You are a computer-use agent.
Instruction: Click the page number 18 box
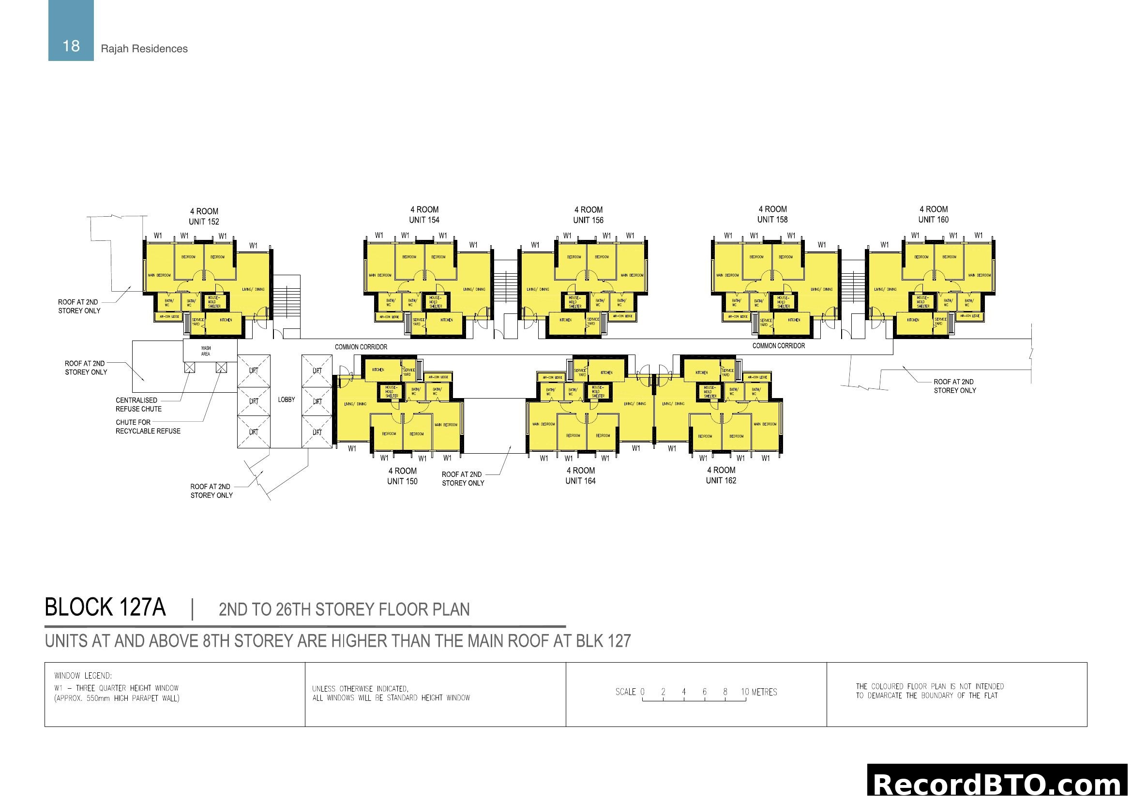(x=71, y=30)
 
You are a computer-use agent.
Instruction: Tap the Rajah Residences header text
(x=144, y=49)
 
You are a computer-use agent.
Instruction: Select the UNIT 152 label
(x=204, y=222)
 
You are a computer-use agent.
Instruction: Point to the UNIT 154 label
(x=424, y=220)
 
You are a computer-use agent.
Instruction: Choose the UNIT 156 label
(x=588, y=220)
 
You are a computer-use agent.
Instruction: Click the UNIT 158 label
(x=772, y=220)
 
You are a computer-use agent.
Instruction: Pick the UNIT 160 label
(x=933, y=220)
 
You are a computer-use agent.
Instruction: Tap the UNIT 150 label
(x=402, y=481)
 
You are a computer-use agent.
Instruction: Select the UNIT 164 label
(x=580, y=481)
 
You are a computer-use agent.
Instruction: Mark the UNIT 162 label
(x=721, y=480)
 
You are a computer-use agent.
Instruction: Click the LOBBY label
(x=287, y=400)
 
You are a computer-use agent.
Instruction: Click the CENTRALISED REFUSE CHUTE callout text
(x=138, y=404)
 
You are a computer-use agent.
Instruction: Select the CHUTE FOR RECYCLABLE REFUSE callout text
(x=148, y=427)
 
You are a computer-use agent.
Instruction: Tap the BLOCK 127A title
(x=105, y=607)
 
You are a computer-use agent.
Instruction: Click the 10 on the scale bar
(x=745, y=692)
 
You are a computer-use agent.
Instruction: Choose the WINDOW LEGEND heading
(x=83, y=676)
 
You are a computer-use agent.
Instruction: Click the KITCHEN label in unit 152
(x=226, y=320)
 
